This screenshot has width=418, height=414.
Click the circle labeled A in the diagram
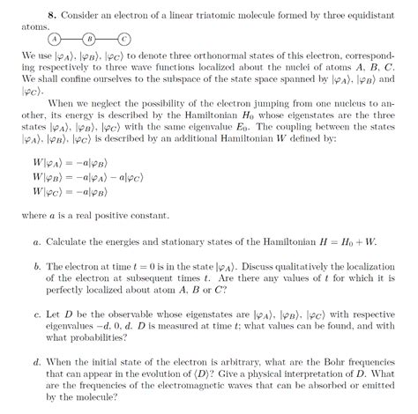click(x=54, y=40)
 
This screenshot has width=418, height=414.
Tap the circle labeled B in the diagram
click(x=88, y=40)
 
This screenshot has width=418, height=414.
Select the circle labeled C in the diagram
click(x=123, y=40)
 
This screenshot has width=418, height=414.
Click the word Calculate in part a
click(x=66, y=241)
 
